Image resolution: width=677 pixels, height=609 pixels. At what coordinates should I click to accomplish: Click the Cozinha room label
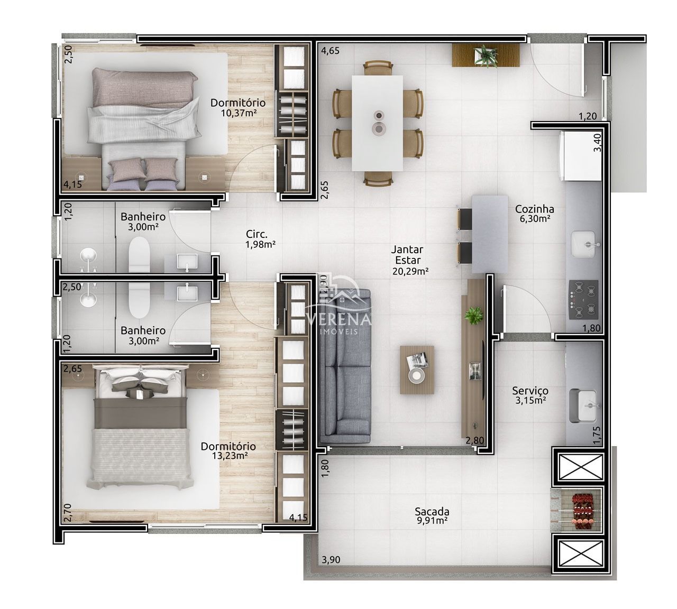tap(534, 214)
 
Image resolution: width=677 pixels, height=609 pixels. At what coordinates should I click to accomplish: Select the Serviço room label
tap(530, 395)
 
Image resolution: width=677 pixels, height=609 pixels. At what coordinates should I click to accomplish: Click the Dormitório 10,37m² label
tap(237, 107)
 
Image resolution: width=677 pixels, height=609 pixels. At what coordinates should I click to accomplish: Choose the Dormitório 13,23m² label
tap(228, 450)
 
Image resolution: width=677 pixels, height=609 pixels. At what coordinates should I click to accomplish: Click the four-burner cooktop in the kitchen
tap(583, 299)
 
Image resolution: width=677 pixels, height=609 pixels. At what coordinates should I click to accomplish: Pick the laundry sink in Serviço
tap(583, 405)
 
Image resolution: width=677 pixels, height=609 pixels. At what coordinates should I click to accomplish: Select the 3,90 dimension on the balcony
tap(332, 560)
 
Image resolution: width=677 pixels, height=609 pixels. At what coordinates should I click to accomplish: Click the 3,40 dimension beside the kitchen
tap(598, 142)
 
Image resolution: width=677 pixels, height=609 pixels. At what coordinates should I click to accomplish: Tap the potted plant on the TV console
tap(473, 316)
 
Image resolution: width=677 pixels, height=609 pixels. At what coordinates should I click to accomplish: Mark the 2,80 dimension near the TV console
tap(474, 440)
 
